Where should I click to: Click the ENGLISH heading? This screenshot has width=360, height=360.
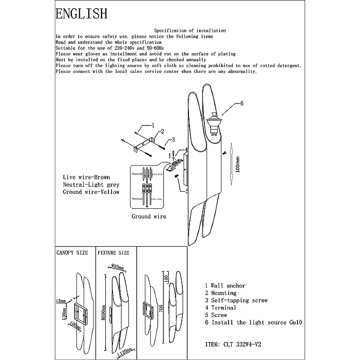coord(81,13)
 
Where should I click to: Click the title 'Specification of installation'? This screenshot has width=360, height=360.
coord(190,31)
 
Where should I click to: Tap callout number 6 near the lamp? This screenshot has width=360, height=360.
coord(242,103)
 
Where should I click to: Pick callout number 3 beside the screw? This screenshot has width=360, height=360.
coord(173,139)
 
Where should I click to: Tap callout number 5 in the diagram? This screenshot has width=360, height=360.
coord(186,190)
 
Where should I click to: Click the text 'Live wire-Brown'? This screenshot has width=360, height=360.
coord(86,177)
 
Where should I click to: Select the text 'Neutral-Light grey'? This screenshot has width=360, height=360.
coord(91,184)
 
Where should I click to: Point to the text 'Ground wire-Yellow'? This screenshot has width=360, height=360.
coord(91,192)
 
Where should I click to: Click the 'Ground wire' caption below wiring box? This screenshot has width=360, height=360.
coord(149,216)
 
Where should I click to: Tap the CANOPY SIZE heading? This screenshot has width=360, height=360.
coord(72,253)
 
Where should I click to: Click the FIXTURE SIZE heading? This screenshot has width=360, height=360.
coord(113,253)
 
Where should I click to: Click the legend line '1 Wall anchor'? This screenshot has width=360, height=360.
coord(225,286)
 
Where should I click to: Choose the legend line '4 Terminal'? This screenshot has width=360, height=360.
coord(220,308)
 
